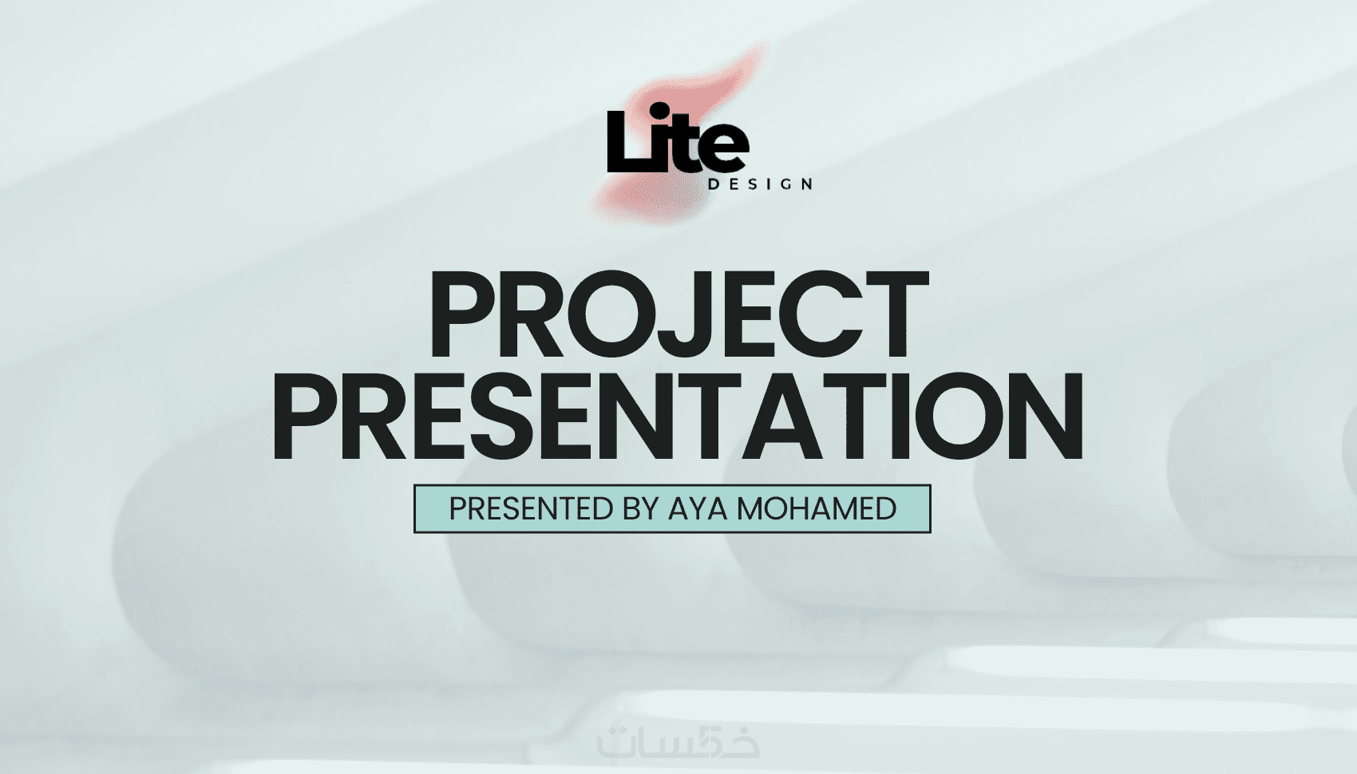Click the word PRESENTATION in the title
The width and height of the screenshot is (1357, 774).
(678, 416)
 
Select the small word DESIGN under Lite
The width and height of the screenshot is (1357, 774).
(760, 184)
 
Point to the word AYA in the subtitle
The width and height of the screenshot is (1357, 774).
(698, 509)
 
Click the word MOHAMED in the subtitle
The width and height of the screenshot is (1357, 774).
(816, 509)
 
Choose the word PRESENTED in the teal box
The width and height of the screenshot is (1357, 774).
(532, 509)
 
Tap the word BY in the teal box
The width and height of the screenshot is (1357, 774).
(640, 509)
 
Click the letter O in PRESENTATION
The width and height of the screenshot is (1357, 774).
(963, 416)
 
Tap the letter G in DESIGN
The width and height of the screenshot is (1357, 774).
(785, 184)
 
